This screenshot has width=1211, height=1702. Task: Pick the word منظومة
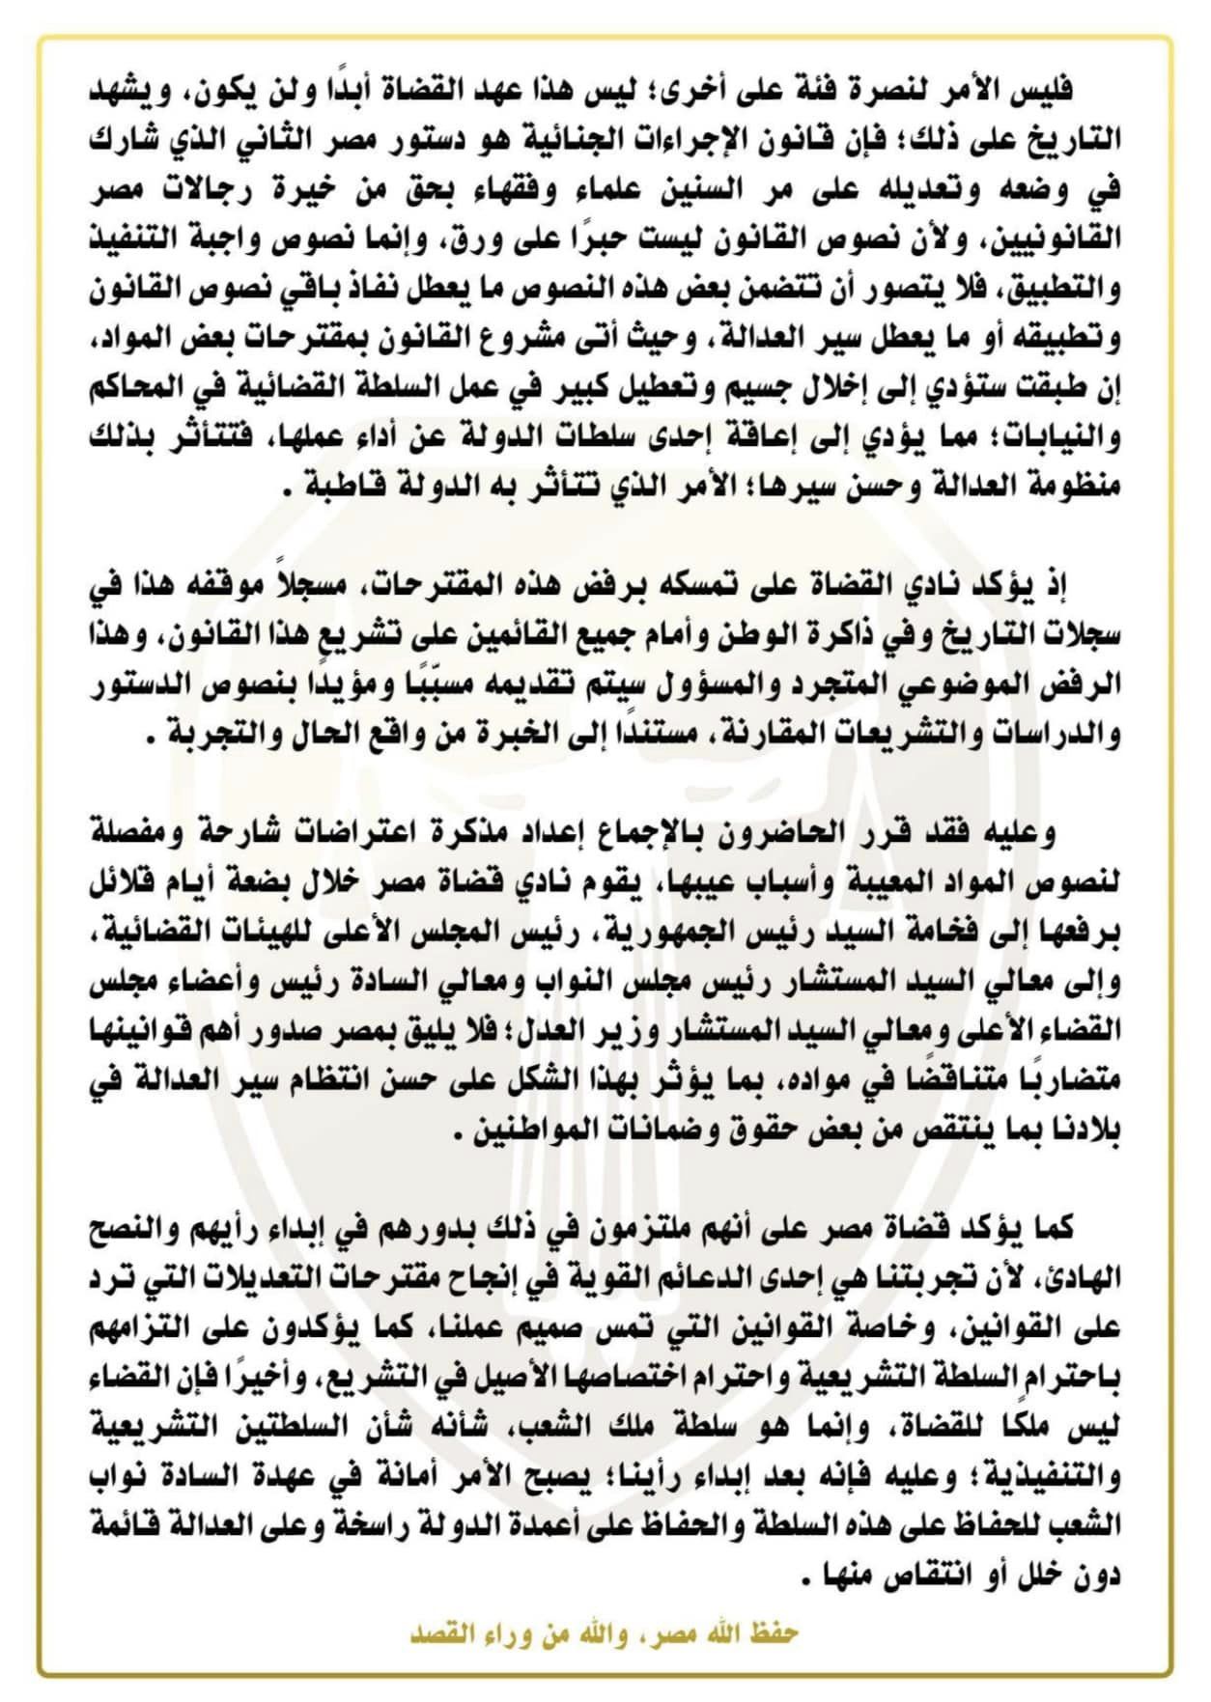click(x=1074, y=486)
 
